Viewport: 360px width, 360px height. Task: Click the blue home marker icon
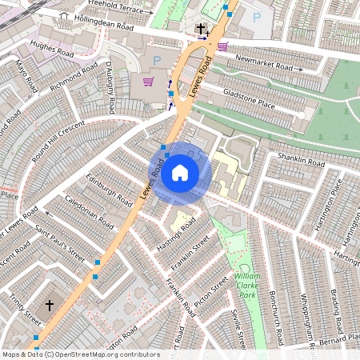click(x=180, y=173)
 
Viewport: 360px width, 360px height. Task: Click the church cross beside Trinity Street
click(x=49, y=306)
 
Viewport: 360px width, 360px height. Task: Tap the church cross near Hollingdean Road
click(x=201, y=29)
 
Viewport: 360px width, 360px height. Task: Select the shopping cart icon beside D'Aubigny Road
click(x=149, y=82)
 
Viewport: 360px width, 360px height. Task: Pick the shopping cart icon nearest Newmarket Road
click(x=222, y=46)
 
